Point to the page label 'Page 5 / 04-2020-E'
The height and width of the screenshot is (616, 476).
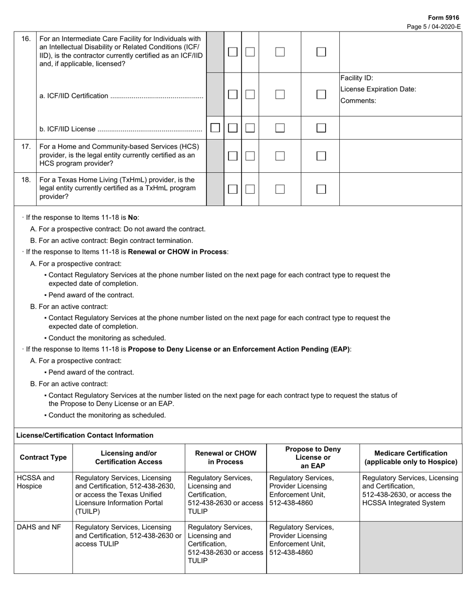(434, 27)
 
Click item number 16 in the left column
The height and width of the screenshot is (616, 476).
(26, 39)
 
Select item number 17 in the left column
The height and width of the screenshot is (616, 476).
(26, 147)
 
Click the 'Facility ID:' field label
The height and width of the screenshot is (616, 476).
(357, 78)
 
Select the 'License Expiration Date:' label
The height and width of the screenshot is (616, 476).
(378, 89)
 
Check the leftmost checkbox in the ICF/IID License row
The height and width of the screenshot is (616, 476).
(215, 128)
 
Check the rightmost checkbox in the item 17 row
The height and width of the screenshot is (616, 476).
(321, 156)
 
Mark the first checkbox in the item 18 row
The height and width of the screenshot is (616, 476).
(232, 189)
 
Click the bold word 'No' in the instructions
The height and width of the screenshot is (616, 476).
(133, 217)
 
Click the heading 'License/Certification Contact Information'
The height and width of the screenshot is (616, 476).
(85, 435)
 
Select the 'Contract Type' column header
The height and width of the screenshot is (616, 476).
(43, 457)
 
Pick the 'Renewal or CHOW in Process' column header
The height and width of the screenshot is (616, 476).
(225, 457)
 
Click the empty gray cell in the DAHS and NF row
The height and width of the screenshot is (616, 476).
(411, 547)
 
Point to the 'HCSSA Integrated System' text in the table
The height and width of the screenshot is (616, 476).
(403, 503)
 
